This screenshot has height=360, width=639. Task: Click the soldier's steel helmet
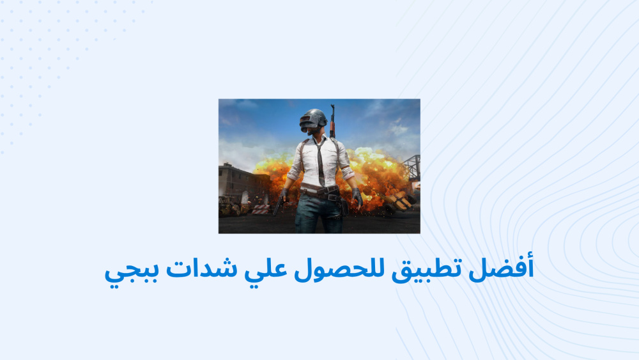313,118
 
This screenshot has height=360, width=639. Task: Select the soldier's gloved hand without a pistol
357,198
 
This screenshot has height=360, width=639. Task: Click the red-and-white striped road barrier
261,210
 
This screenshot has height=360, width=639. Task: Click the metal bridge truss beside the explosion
411,167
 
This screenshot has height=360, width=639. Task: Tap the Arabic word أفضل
501,269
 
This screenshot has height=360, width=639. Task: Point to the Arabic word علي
266,270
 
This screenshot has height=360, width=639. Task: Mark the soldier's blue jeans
318,214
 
